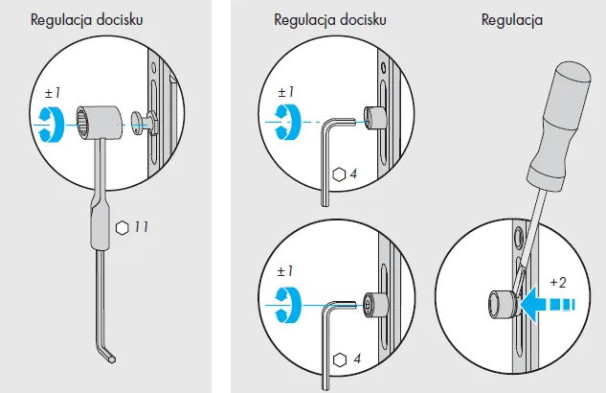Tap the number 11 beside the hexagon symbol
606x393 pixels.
coord(140,227)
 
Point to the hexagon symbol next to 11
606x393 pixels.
coord(122,227)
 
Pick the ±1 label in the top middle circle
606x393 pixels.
coord(285,92)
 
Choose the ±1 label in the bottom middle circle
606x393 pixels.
coord(285,273)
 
